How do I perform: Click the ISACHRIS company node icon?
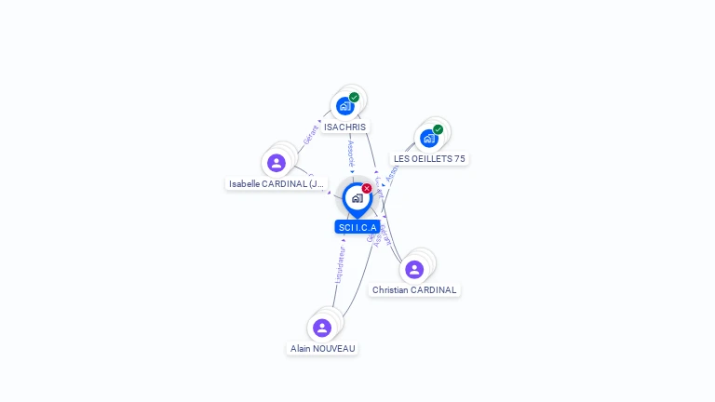click(345, 106)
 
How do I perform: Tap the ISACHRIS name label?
click(345, 127)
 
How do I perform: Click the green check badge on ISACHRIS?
click(355, 97)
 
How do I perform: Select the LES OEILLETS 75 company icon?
click(428, 139)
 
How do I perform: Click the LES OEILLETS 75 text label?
click(429, 159)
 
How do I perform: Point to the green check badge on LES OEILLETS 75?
click(438, 129)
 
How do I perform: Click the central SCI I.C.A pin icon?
click(357, 198)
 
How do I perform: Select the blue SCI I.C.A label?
click(357, 227)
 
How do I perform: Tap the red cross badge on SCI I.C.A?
click(367, 189)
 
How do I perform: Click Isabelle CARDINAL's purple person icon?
click(277, 163)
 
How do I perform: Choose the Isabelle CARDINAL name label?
click(277, 184)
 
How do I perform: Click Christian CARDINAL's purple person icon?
click(414, 269)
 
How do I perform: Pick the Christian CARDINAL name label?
click(414, 289)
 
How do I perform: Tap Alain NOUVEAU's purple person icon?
click(322, 328)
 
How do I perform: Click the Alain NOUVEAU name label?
click(322, 348)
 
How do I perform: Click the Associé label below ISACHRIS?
click(351, 153)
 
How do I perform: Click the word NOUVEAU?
click(335, 348)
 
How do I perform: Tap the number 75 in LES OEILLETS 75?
click(459, 159)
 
